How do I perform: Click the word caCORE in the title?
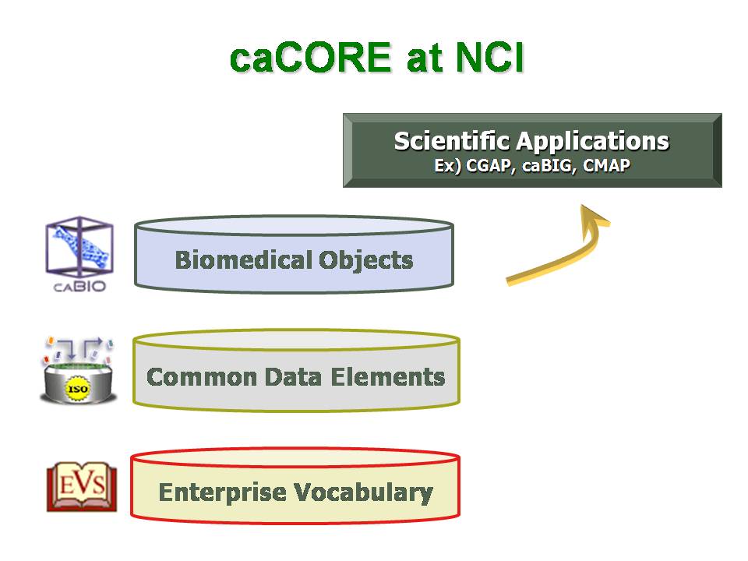[311, 57]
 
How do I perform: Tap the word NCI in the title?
[490, 57]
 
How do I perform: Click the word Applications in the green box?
[592, 142]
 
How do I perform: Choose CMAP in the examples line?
[606, 165]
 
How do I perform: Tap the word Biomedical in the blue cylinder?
[244, 260]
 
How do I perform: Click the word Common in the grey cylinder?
[202, 377]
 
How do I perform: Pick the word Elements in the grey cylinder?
[388, 377]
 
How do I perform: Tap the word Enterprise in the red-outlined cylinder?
[222, 493]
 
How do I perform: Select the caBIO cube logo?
[79, 247]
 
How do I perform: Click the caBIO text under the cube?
[79, 286]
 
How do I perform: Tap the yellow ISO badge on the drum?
[78, 389]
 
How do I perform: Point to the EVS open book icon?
[82, 486]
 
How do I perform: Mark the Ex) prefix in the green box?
[447, 166]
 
